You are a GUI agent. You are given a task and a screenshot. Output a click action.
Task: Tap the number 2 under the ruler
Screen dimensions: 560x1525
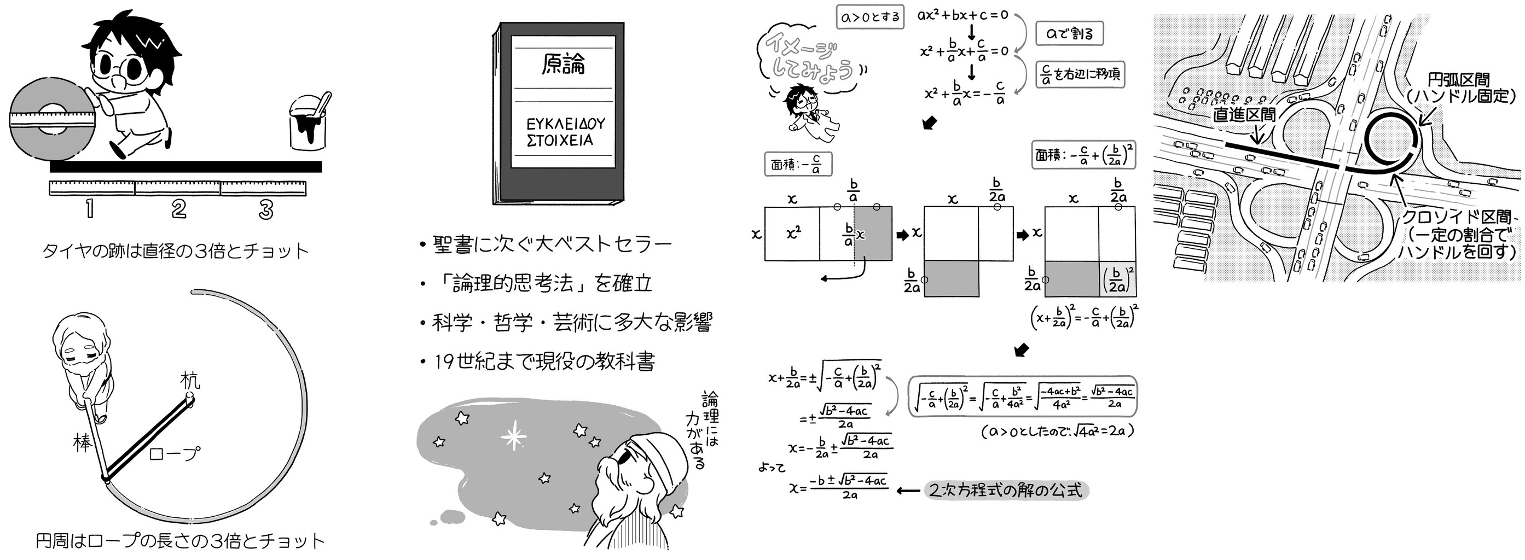click(x=178, y=209)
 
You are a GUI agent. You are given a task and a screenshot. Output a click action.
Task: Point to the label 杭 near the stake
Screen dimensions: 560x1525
click(x=190, y=380)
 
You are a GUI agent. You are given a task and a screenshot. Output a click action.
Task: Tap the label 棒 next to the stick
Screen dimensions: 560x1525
click(x=82, y=442)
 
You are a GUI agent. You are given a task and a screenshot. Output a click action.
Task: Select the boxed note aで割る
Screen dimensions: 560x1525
click(x=1069, y=34)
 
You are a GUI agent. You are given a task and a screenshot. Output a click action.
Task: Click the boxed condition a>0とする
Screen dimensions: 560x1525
click(x=870, y=17)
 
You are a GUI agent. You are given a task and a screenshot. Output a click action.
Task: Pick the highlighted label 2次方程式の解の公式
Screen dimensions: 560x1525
click(x=1006, y=491)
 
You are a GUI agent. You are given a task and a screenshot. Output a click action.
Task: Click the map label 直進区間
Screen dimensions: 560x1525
click(x=1244, y=114)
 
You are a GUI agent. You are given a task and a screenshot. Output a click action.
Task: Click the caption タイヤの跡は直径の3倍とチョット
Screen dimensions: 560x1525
click(x=175, y=251)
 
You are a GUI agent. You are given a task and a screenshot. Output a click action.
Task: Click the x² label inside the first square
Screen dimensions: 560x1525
click(x=793, y=233)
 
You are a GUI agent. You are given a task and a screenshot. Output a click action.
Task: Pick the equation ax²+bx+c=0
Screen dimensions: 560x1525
click(x=962, y=15)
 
